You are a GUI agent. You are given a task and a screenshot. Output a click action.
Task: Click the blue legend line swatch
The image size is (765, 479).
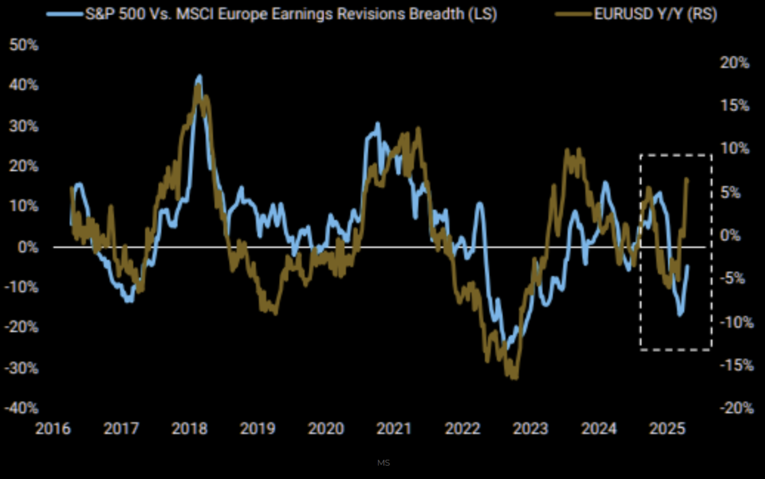(x=65, y=14)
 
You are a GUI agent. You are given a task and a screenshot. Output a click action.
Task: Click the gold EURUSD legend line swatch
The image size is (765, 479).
(x=573, y=14)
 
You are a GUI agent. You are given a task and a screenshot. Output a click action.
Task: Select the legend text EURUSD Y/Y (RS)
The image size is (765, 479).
(x=655, y=14)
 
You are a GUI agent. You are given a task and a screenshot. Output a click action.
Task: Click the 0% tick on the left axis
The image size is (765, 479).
(x=28, y=247)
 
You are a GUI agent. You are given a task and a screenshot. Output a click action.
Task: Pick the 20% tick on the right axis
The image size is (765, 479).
(x=734, y=63)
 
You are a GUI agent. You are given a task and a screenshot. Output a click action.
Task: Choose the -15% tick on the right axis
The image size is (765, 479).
(x=736, y=365)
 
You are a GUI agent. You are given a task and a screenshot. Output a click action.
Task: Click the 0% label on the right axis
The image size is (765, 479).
(x=730, y=235)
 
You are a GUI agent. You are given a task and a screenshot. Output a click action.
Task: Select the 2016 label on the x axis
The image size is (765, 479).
(x=53, y=429)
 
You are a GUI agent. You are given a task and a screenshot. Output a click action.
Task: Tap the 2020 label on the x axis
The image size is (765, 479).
(x=326, y=429)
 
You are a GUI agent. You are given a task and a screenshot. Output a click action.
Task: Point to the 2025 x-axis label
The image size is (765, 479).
(x=667, y=429)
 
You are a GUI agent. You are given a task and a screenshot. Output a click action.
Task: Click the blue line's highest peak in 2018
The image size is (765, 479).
(x=200, y=76)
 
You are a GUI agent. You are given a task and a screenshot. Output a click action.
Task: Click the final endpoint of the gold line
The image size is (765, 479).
(x=687, y=179)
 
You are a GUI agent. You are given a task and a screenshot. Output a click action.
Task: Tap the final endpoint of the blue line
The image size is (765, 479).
(x=687, y=266)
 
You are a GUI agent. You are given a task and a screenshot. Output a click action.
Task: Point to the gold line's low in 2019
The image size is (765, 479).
(x=275, y=313)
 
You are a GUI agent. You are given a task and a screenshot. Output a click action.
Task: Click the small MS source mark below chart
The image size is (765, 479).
(x=383, y=463)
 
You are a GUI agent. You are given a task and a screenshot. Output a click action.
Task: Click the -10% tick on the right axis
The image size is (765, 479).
(x=736, y=322)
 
